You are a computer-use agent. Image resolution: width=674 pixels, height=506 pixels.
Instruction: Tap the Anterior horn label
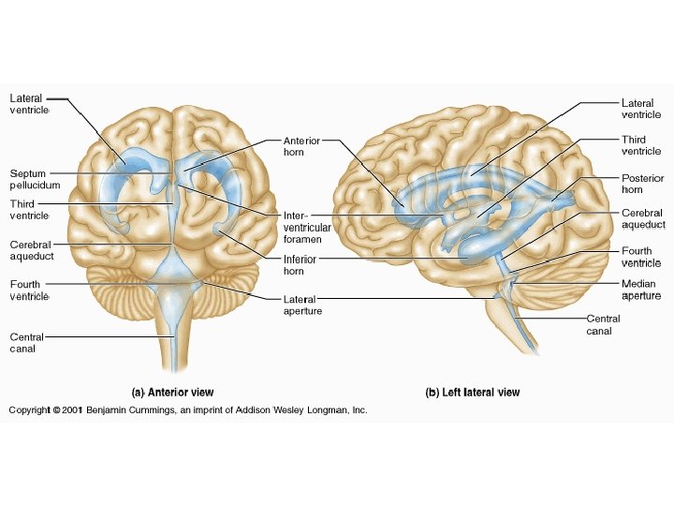tap(301, 146)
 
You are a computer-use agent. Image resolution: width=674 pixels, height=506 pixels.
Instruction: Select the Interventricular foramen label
tap(306, 228)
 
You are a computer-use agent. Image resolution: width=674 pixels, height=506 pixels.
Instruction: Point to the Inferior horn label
tap(300, 264)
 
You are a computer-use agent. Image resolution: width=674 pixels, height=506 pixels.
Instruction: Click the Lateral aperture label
tap(302, 305)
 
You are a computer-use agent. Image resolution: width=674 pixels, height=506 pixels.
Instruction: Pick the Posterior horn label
tap(642, 184)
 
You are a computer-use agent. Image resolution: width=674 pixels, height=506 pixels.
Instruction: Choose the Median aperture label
tap(641, 290)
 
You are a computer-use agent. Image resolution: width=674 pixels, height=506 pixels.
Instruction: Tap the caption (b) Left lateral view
tap(473, 393)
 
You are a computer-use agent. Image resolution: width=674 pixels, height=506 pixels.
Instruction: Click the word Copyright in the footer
tap(29, 410)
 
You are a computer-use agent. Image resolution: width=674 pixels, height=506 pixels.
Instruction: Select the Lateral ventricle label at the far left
tap(28, 104)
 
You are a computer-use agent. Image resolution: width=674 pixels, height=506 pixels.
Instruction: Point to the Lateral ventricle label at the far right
tap(641, 109)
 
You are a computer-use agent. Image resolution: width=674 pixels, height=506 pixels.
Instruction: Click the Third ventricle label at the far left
tap(29, 209)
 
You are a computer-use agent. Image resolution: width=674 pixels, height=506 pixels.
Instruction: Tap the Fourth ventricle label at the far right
tap(641, 257)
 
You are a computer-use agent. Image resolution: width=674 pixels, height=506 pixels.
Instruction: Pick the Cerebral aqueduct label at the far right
tap(643, 219)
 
